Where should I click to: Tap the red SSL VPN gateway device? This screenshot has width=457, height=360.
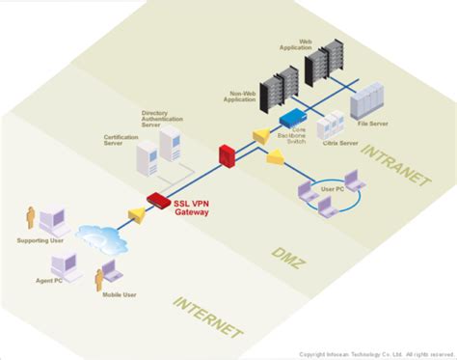click(158, 200)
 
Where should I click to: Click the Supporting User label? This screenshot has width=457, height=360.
click(40, 239)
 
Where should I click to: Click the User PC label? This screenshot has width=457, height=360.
click(332, 189)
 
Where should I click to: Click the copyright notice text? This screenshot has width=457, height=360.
click(375, 354)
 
